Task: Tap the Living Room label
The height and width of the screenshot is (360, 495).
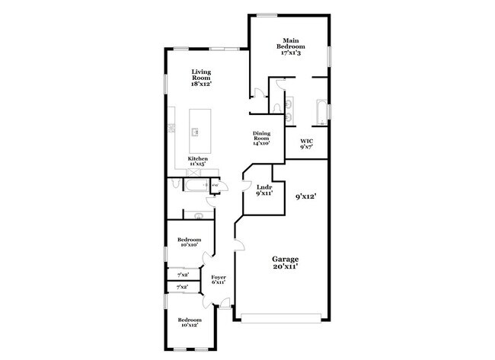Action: (x=201, y=78)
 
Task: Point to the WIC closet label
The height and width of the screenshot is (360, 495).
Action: (x=307, y=144)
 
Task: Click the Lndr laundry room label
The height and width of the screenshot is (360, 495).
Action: (x=264, y=190)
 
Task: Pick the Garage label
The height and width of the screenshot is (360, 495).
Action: (x=285, y=263)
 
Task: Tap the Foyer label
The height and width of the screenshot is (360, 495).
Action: (x=219, y=279)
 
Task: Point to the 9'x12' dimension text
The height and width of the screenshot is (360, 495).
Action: (x=305, y=196)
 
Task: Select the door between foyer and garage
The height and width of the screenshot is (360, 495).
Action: (x=238, y=245)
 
